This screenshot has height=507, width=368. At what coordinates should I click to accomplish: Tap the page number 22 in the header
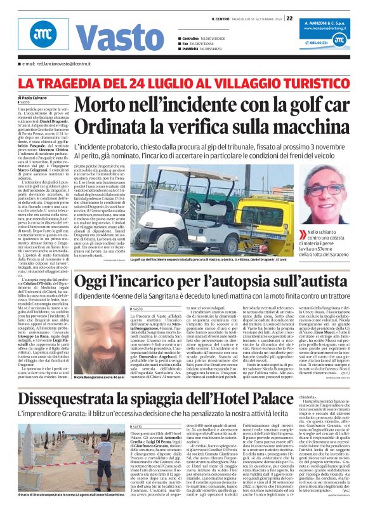point(290,18)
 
